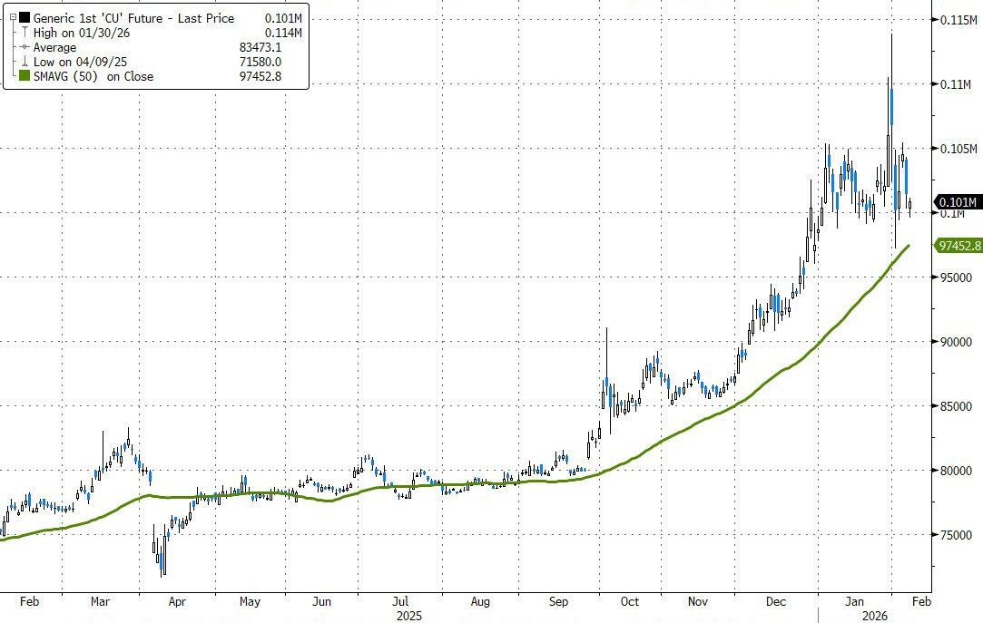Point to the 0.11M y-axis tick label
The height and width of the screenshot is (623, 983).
pyautogui.click(x=958, y=83)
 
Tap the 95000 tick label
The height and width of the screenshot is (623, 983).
pyautogui.click(x=958, y=277)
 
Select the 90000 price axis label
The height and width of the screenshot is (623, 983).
pyautogui.click(x=958, y=342)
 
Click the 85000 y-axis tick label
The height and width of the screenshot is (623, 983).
pyautogui.click(x=958, y=406)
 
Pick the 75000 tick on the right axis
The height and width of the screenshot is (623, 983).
pyautogui.click(x=958, y=535)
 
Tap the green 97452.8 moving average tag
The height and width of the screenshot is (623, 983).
pyautogui.click(x=958, y=245)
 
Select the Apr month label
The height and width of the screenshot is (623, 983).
pyautogui.click(x=177, y=600)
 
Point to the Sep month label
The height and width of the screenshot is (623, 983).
pyautogui.click(x=558, y=600)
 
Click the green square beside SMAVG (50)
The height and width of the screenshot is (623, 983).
pyautogui.click(x=25, y=77)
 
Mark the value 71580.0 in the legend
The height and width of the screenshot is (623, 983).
pyautogui.click(x=259, y=63)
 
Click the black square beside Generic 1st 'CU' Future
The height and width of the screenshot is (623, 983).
pyautogui.click(x=25, y=19)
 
